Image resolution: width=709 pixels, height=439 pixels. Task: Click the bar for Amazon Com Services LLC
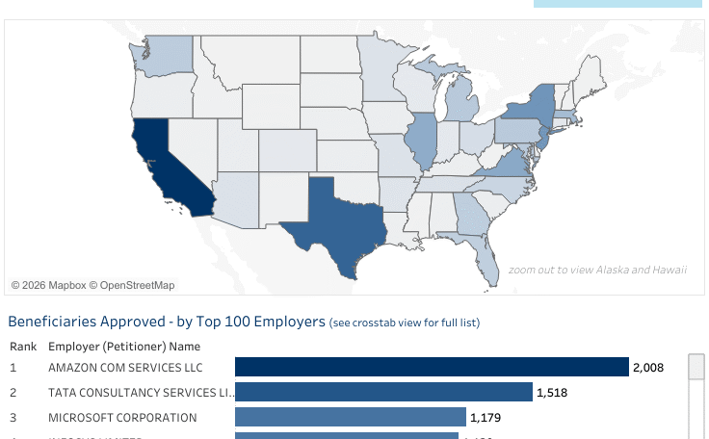[431, 367]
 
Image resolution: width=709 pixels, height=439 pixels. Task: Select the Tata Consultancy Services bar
[383, 392]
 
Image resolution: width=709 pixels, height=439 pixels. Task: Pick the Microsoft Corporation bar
[350, 417]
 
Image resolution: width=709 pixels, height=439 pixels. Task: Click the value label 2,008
[647, 367]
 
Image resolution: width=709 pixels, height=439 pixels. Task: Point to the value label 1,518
[553, 392]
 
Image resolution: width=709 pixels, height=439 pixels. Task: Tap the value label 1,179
[486, 418]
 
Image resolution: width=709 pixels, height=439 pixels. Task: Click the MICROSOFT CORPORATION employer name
[122, 418]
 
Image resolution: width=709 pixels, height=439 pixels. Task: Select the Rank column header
[23, 346]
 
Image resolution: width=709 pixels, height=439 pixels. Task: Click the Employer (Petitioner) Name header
[124, 346]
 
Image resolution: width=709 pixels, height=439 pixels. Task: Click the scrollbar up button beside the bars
[696, 367]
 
